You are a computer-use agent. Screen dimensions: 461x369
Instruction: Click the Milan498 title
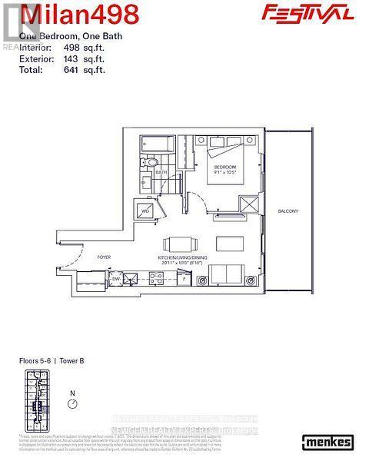(73, 13)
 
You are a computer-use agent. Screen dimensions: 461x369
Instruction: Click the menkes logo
(328, 441)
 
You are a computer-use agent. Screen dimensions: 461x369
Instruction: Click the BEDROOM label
(224, 167)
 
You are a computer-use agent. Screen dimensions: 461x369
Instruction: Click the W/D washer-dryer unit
(145, 209)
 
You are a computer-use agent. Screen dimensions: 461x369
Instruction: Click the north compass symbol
(73, 404)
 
